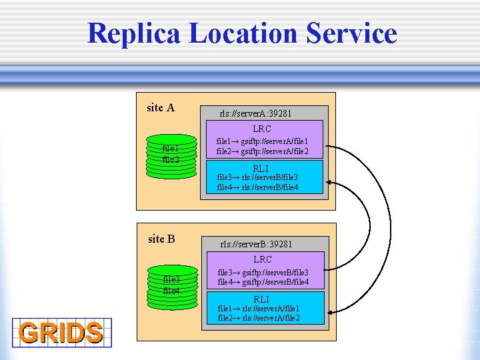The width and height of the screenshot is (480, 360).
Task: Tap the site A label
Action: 161,107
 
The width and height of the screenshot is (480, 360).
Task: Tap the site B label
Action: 161,239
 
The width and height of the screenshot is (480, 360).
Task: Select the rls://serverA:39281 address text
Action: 256,113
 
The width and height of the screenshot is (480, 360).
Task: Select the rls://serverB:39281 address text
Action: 256,245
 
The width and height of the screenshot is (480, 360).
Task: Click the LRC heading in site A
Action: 262,129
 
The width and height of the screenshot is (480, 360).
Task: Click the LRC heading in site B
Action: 262,259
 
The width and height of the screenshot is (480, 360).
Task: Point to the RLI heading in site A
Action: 261,169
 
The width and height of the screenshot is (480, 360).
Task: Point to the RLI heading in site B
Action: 261,299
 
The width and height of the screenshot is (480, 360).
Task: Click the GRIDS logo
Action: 61,332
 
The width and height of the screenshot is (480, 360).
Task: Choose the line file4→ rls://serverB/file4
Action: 257,187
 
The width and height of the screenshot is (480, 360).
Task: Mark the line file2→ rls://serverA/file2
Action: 258,318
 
